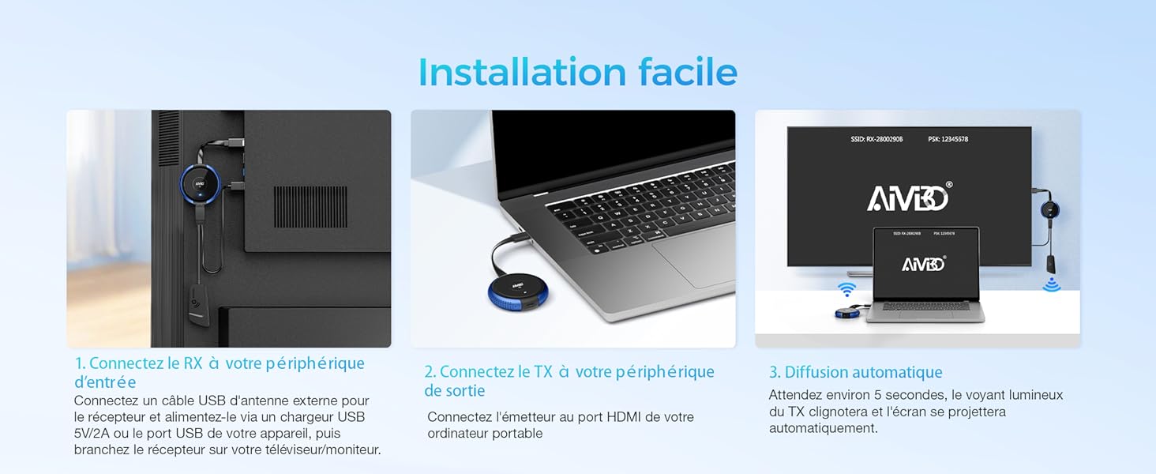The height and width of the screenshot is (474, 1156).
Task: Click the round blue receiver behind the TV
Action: point(199,184)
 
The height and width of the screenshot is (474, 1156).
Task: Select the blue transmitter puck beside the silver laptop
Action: point(518,289)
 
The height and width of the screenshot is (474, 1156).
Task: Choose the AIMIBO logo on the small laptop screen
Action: point(925,263)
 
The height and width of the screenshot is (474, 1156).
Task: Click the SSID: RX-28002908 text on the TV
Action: point(876,139)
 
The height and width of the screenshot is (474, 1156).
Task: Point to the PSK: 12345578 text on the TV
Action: point(948,139)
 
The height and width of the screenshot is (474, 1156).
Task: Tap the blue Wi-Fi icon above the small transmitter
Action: point(847,289)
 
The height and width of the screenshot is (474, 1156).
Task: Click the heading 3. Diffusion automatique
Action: point(856,372)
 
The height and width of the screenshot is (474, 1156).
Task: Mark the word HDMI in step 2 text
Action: point(621,416)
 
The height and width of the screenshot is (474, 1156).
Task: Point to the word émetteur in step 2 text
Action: point(529,416)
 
